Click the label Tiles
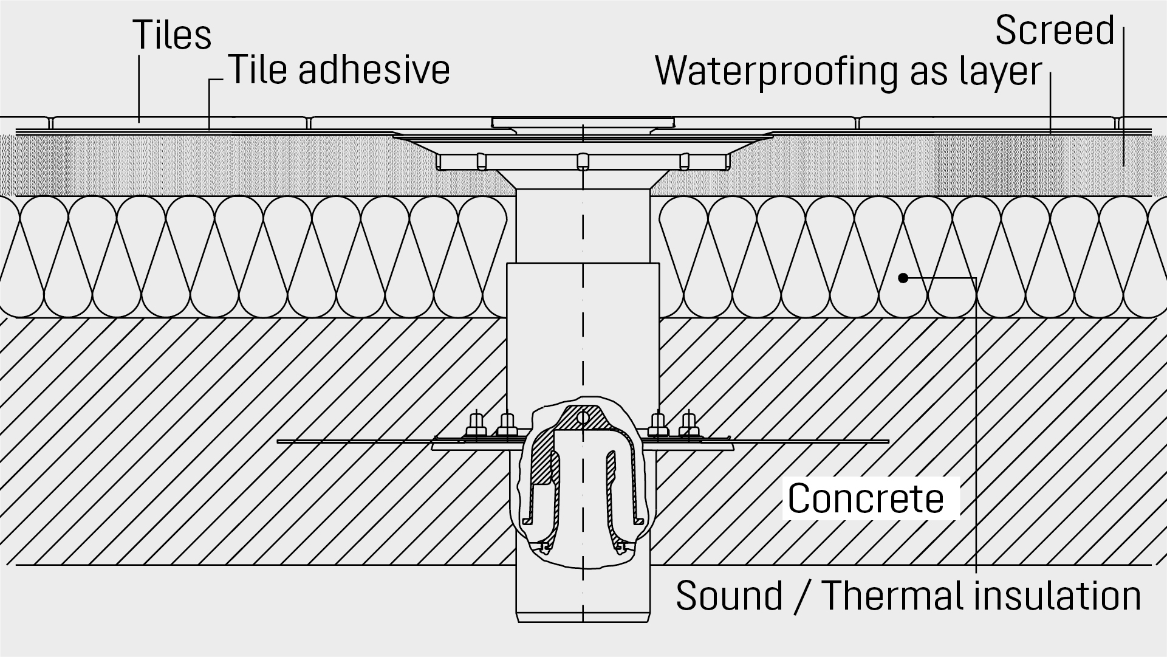click(x=172, y=35)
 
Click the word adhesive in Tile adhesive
click(x=374, y=69)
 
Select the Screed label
click(x=1055, y=30)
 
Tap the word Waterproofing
click(x=776, y=71)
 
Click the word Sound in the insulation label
click(x=729, y=596)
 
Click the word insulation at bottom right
click(x=1058, y=596)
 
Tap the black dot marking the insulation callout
click(x=903, y=278)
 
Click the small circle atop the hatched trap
click(x=583, y=418)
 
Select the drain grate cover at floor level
click(x=583, y=122)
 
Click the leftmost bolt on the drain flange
click(x=476, y=424)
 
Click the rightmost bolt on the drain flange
click(x=688, y=424)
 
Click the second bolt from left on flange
click(x=507, y=424)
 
